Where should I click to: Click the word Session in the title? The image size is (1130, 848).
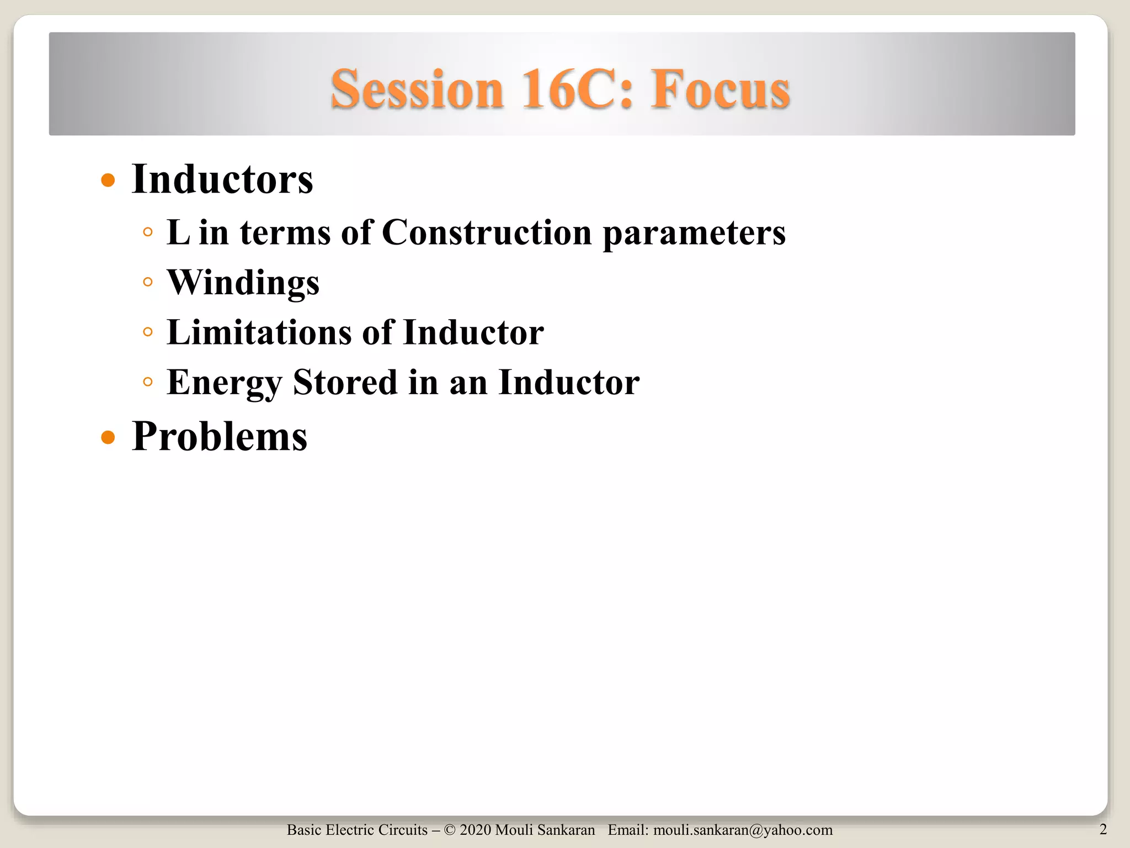pyautogui.click(x=417, y=89)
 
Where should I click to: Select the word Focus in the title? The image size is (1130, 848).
pyautogui.click(x=720, y=89)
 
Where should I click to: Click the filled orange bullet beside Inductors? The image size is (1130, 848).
pyautogui.click(x=108, y=181)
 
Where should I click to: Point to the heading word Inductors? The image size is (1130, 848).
pyautogui.click(x=222, y=179)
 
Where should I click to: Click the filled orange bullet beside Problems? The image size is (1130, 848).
pyautogui.click(x=108, y=438)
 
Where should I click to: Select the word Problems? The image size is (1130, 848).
pyautogui.click(x=219, y=437)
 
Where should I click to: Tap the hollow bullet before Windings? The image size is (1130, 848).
pyautogui.click(x=147, y=283)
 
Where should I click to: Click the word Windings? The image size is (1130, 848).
pyautogui.click(x=243, y=283)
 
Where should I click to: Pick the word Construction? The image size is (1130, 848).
pyautogui.click(x=487, y=232)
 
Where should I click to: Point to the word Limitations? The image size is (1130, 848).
pyautogui.click(x=259, y=332)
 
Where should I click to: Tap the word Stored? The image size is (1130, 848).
pyautogui.click(x=345, y=382)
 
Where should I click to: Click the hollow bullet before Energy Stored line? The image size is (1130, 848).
pyautogui.click(x=147, y=382)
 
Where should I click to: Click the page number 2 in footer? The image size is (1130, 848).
pyautogui.click(x=1103, y=829)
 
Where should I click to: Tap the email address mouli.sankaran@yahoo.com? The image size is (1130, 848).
pyautogui.click(x=743, y=830)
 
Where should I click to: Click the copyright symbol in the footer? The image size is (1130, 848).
pyautogui.click(x=449, y=830)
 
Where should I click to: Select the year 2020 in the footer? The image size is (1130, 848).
pyautogui.click(x=475, y=830)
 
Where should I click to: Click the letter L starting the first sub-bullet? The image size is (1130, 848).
pyautogui.click(x=178, y=232)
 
